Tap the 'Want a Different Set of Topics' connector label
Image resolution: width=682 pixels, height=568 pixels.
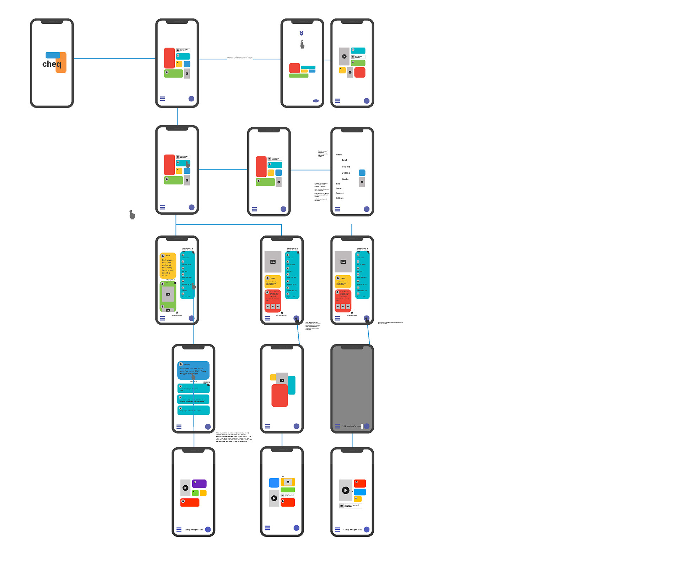(240, 57)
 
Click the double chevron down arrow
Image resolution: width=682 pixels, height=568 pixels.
(301, 33)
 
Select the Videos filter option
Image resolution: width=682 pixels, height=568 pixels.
(346, 173)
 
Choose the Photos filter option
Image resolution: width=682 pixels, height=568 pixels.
(346, 166)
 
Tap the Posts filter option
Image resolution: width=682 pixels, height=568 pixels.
(345, 179)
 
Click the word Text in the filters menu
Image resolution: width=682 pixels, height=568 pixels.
(344, 160)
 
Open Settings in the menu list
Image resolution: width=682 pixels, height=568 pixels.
(340, 198)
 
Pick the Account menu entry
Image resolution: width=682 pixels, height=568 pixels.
(340, 193)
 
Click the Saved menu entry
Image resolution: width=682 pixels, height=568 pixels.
(339, 188)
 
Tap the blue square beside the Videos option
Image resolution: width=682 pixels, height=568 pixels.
(362, 173)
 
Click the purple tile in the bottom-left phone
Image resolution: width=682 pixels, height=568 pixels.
(200, 483)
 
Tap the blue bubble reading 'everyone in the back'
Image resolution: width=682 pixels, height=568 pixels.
(193, 370)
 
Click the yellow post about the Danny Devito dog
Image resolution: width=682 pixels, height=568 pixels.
(168, 266)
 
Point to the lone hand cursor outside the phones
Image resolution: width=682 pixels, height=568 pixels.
(132, 215)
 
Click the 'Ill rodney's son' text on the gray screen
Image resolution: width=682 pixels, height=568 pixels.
(351, 426)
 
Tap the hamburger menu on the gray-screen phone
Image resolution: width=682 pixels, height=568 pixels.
(337, 426)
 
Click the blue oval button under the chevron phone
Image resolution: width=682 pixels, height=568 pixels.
(316, 101)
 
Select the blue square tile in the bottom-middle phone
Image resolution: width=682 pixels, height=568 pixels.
(274, 482)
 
